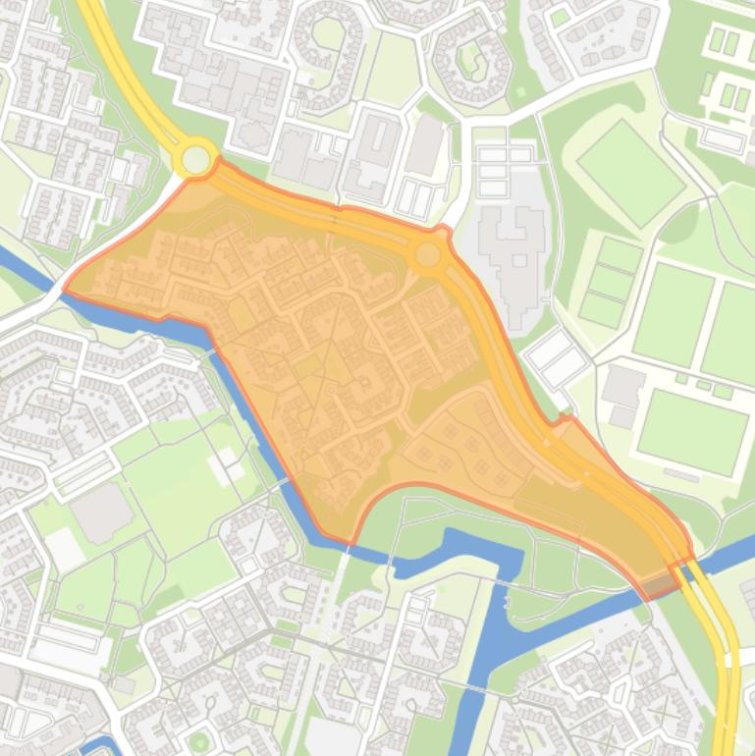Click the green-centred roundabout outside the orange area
click(196, 158)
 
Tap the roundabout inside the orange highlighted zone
click(427, 255)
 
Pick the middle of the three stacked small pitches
click(610, 283)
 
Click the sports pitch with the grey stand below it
click(692, 430)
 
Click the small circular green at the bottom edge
click(199, 741)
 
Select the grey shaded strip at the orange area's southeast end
click(658, 586)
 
